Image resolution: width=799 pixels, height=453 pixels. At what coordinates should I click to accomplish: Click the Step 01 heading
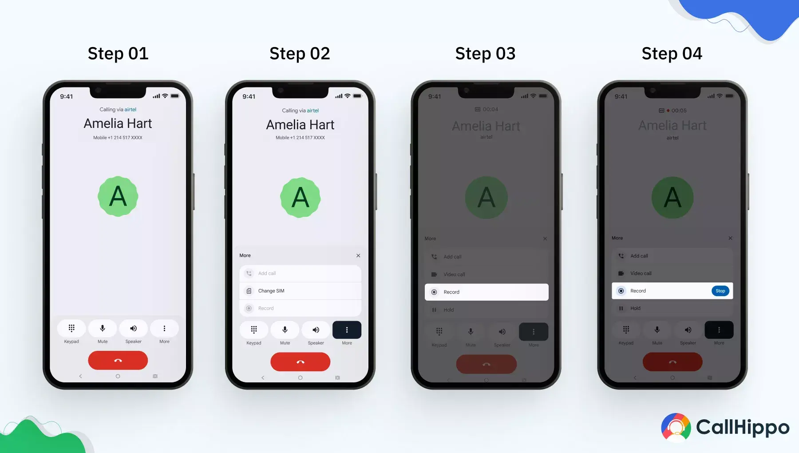click(118, 54)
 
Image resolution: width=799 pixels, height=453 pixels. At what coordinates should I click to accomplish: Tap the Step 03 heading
click(485, 54)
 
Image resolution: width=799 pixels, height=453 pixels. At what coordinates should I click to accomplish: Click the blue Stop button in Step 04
click(720, 291)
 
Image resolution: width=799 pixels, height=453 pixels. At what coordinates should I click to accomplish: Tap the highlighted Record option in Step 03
click(486, 292)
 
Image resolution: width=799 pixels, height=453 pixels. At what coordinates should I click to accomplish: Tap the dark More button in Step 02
click(347, 330)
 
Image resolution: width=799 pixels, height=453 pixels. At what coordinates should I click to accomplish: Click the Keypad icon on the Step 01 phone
click(71, 329)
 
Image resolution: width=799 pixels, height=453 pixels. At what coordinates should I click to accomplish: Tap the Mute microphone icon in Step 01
click(103, 329)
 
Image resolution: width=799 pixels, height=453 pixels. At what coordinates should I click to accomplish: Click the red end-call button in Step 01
click(118, 361)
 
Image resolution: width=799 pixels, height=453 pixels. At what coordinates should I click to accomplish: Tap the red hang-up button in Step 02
click(301, 362)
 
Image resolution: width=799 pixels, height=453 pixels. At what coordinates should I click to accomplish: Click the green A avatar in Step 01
click(118, 196)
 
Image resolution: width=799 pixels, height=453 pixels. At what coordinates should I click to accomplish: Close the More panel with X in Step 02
click(358, 256)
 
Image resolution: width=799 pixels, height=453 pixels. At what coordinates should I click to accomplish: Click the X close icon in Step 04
click(730, 238)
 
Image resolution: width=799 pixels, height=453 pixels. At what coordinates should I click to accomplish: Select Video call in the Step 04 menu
click(641, 274)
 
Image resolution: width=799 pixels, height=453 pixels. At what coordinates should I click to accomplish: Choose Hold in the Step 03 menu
click(448, 310)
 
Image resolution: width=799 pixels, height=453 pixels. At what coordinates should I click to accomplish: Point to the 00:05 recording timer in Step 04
click(679, 111)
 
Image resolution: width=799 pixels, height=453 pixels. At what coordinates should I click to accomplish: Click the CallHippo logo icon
click(676, 428)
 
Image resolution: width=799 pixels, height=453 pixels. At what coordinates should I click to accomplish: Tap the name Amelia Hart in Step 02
click(300, 125)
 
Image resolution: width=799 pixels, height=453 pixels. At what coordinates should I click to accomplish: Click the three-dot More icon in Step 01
click(164, 329)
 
